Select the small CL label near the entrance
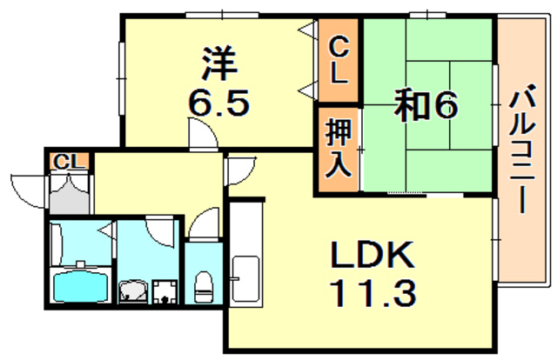pos(69,163)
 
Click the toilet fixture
pos(204,283)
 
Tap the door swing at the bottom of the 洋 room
pos(202,135)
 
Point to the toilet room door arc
pos(204,225)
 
